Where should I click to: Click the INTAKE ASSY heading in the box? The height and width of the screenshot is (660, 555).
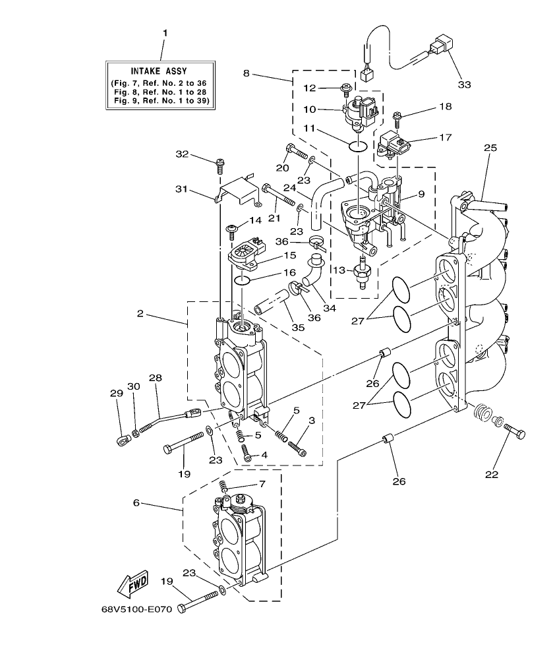point(158,71)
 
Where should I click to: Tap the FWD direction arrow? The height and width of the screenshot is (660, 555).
point(132,583)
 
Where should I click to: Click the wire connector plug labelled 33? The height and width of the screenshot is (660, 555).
point(438,47)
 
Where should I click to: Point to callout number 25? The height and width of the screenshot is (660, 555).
point(490,148)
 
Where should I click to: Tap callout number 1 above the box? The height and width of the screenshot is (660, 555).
point(165,32)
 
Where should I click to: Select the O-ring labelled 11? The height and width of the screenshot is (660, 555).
point(357,145)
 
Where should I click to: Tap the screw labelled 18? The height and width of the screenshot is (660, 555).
point(397,118)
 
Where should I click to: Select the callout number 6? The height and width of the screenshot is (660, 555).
point(136,502)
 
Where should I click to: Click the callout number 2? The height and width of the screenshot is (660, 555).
point(140,313)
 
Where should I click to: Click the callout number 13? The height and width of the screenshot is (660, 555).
point(339,270)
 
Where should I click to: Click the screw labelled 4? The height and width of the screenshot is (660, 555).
point(247,453)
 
